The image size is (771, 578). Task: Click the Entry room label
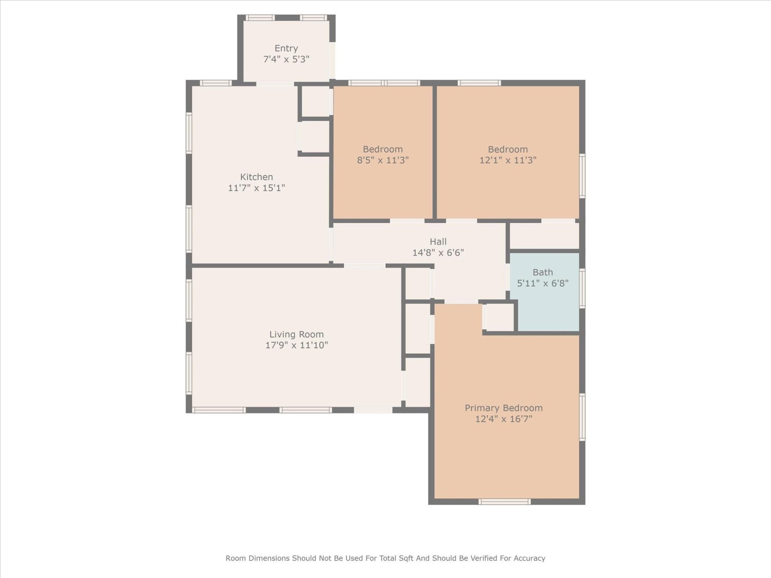click(286, 48)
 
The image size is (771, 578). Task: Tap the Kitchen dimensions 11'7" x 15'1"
click(256, 188)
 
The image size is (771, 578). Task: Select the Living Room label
click(296, 334)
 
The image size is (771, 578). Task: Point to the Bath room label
click(543, 272)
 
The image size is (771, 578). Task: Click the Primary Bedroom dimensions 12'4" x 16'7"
click(504, 419)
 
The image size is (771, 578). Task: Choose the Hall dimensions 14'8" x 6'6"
click(438, 252)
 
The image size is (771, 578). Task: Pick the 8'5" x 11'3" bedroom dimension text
click(383, 160)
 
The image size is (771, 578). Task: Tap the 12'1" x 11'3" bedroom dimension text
click(508, 160)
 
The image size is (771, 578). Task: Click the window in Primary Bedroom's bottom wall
click(504, 501)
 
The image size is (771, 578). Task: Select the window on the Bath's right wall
click(582, 289)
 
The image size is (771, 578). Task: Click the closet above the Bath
click(544, 236)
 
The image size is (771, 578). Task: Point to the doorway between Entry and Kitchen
click(275, 84)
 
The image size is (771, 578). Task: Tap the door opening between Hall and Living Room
click(364, 266)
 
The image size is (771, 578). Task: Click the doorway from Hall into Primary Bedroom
click(461, 301)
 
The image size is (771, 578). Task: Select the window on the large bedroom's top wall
click(479, 83)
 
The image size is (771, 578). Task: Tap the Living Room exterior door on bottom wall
click(373, 410)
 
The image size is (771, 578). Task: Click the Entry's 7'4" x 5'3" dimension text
click(286, 59)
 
